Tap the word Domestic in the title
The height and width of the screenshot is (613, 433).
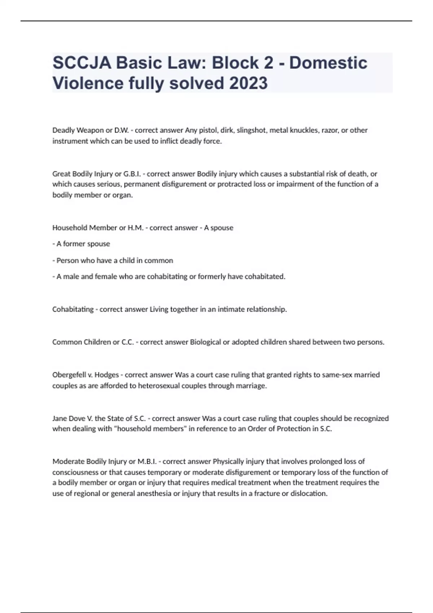328,63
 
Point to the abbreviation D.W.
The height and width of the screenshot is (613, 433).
121,130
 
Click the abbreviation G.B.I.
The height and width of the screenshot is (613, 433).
132,174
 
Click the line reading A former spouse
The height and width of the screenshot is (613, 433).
83,244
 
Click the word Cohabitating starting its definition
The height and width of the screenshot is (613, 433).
73,309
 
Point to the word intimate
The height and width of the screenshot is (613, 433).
231,309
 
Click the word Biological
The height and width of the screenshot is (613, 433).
205,342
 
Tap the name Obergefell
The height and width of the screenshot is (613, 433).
69,375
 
